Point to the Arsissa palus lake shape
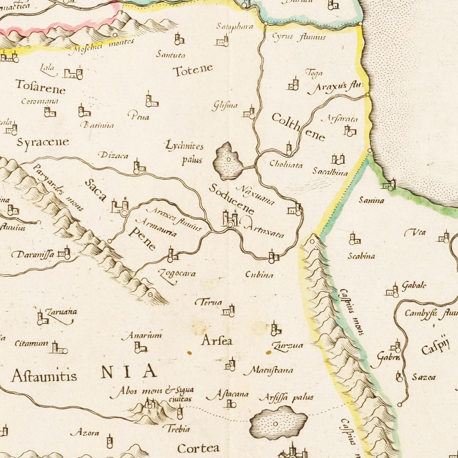click(278, 423)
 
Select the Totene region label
click(193, 70)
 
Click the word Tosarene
click(41, 87)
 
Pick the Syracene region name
click(43, 142)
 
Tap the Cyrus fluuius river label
click(299, 37)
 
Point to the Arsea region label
click(217, 341)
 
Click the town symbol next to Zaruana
click(42, 318)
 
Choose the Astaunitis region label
click(44, 376)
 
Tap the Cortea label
click(198, 448)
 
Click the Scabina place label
click(361, 256)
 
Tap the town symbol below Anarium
click(140, 348)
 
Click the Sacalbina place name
click(330, 172)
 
